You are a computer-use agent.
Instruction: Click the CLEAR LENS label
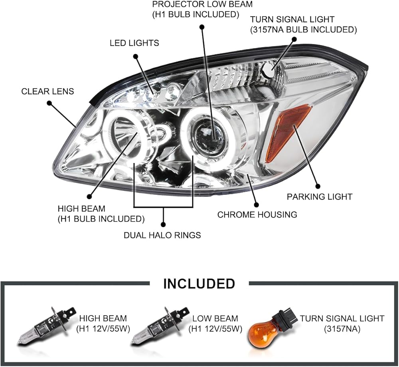47,91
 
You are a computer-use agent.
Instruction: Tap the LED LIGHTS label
134,43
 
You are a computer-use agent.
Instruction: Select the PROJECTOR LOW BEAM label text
202,4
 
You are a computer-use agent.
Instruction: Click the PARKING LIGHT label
320,196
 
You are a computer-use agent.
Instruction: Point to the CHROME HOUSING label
257,214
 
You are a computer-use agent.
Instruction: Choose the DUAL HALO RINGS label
162,235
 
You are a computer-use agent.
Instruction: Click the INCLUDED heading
199,284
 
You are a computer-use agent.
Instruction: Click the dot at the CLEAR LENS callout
49,103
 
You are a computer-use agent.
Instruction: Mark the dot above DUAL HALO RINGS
163,225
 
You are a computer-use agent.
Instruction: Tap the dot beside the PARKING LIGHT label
317,186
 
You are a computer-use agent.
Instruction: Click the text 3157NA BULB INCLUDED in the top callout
303,30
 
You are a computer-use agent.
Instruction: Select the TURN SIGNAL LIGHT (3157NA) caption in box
342,324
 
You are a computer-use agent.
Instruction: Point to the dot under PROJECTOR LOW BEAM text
202,27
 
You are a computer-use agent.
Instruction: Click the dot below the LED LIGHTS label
136,56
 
